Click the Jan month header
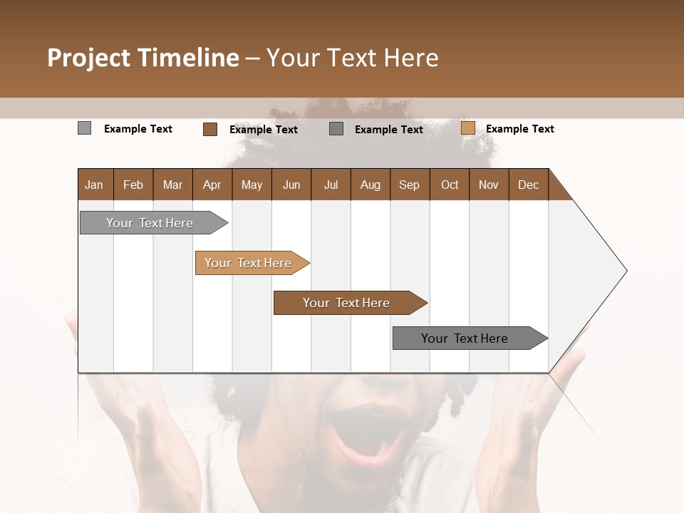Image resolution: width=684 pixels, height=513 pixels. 95,185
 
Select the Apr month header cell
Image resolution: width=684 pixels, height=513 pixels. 212,185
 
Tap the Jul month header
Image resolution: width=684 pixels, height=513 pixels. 331,185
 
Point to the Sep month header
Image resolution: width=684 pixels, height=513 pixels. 410,185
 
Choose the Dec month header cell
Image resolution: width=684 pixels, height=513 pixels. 528,185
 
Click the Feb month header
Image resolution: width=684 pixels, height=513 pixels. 133,185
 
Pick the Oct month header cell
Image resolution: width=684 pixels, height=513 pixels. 450,185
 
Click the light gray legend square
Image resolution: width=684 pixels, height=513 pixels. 84,128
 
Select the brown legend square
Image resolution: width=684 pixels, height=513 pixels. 209,129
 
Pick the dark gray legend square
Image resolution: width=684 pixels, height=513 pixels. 336,129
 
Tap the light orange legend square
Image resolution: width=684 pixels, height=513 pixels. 467,128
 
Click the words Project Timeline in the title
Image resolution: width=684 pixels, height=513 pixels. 142,58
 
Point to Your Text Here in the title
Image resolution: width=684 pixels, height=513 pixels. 353,58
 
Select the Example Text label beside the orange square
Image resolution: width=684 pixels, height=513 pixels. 519,129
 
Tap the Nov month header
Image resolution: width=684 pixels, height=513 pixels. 489,185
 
